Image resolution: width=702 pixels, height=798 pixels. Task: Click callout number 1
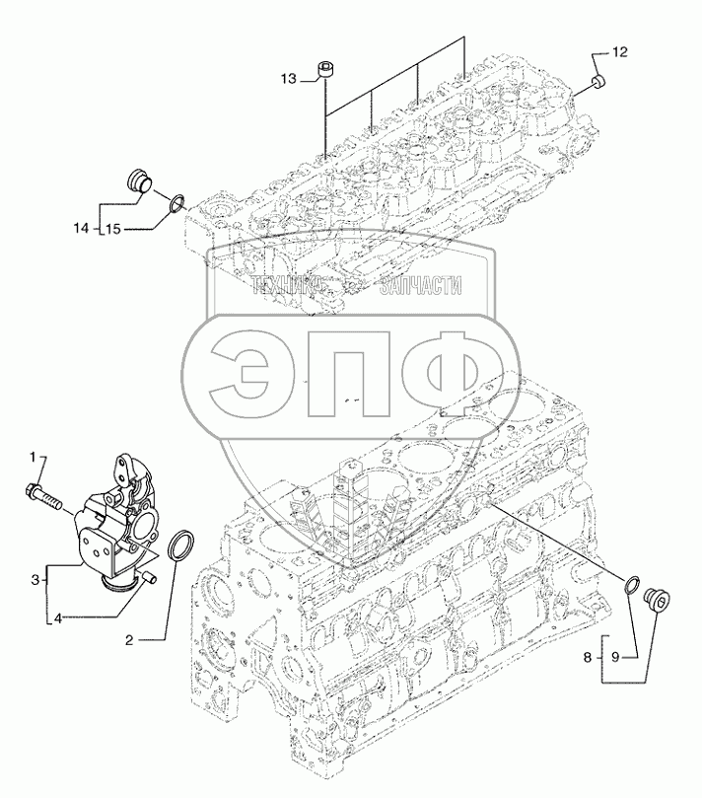[x=32, y=457]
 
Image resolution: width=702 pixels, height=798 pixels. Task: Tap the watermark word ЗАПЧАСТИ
[x=426, y=286]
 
